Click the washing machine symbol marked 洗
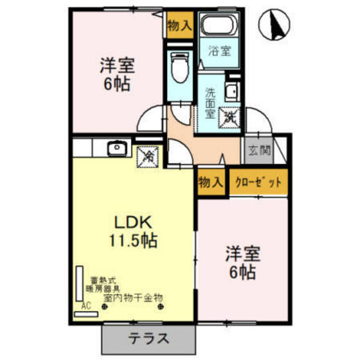pos(230,117)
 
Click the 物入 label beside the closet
pos(210,182)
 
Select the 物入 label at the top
pos(179,26)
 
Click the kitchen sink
pos(116,149)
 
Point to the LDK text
pos(133,222)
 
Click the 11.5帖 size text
pos(133,242)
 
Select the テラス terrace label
pos(148,338)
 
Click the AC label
pos(85,306)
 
